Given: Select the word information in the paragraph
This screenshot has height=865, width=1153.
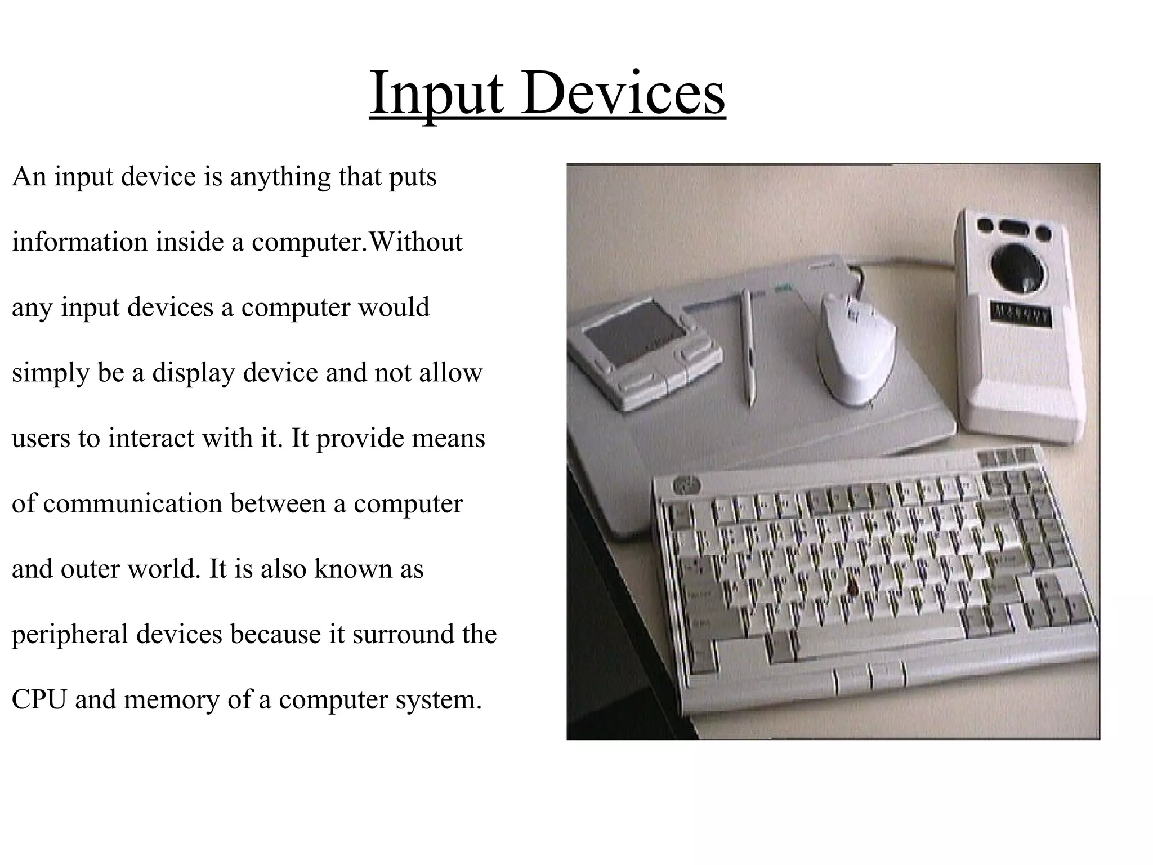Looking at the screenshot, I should pyautogui.click(x=79, y=242).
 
